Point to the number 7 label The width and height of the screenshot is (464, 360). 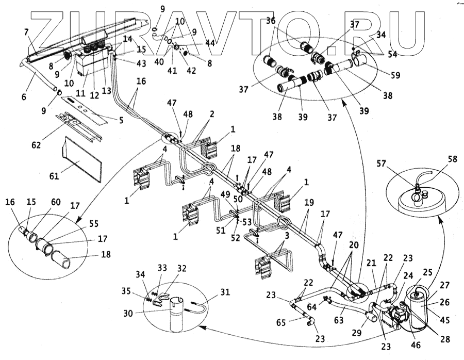pos(26,32)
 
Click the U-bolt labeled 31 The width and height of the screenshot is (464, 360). pos(200,304)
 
